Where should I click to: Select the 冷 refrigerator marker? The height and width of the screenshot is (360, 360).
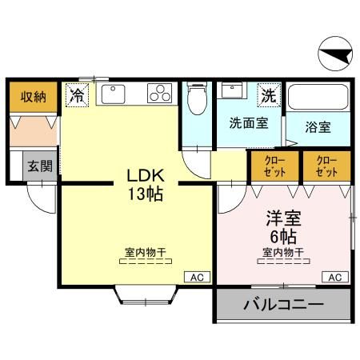[78, 95]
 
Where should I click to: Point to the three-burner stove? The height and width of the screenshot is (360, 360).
[159, 94]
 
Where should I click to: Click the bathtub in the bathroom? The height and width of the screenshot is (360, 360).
[319, 98]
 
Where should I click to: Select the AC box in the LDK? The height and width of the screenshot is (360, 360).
[197, 277]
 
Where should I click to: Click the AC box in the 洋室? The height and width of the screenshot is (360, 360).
[335, 277]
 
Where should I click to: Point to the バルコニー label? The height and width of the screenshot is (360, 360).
[282, 305]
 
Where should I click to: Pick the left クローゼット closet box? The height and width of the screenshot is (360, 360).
[272, 166]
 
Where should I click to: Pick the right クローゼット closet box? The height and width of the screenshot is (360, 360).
[326, 166]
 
